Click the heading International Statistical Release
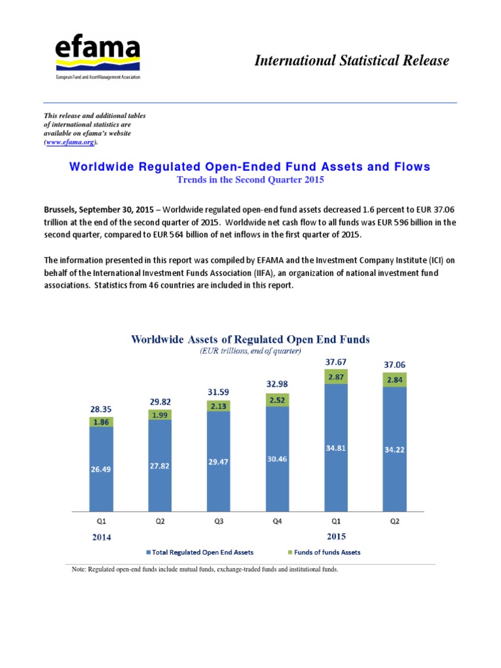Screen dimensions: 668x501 [352, 61]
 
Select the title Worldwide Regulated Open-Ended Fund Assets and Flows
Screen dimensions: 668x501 [250, 167]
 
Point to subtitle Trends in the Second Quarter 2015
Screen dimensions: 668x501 [250, 179]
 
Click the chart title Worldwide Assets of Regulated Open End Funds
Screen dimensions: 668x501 [250, 339]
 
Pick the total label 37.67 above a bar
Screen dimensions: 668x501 [335, 361]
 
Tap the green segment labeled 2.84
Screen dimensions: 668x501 [394, 380]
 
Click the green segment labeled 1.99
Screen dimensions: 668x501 [159, 414]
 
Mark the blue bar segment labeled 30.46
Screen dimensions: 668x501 [277, 459]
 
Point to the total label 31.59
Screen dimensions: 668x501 [218, 391]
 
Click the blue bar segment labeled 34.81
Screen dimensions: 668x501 [335, 449]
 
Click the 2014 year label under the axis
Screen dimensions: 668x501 [102, 538]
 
